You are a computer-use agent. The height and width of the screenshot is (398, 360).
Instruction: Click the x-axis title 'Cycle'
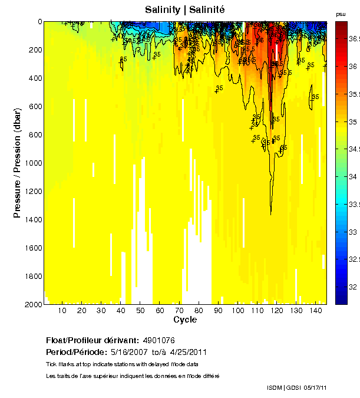point(185,320)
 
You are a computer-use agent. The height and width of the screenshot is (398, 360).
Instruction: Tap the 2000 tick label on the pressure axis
point(32,304)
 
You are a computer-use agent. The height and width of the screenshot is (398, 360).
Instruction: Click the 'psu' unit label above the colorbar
point(341,14)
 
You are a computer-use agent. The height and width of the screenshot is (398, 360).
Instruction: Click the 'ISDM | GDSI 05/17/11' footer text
point(297,387)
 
